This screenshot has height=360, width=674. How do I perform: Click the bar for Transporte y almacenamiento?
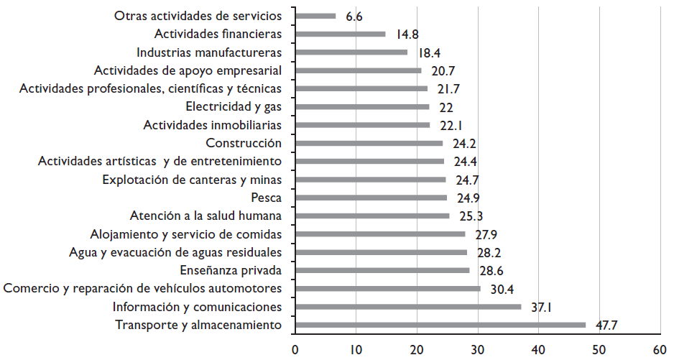440,325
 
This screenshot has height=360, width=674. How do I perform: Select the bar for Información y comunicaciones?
408,307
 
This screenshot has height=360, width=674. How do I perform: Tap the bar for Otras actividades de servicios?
315,16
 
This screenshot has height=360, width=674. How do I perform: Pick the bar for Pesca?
371,198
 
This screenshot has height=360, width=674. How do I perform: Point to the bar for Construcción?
369,143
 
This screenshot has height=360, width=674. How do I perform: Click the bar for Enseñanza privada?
382,270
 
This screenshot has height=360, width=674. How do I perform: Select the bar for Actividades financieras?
340,34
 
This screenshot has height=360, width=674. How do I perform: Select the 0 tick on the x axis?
295,350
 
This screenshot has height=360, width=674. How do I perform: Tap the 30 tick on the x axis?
477,350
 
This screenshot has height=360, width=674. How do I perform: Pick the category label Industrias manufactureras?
209,52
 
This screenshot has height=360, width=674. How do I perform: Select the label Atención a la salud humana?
206,216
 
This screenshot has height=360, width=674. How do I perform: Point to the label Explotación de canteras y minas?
192,179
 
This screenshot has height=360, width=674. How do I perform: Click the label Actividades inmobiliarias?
212,125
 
